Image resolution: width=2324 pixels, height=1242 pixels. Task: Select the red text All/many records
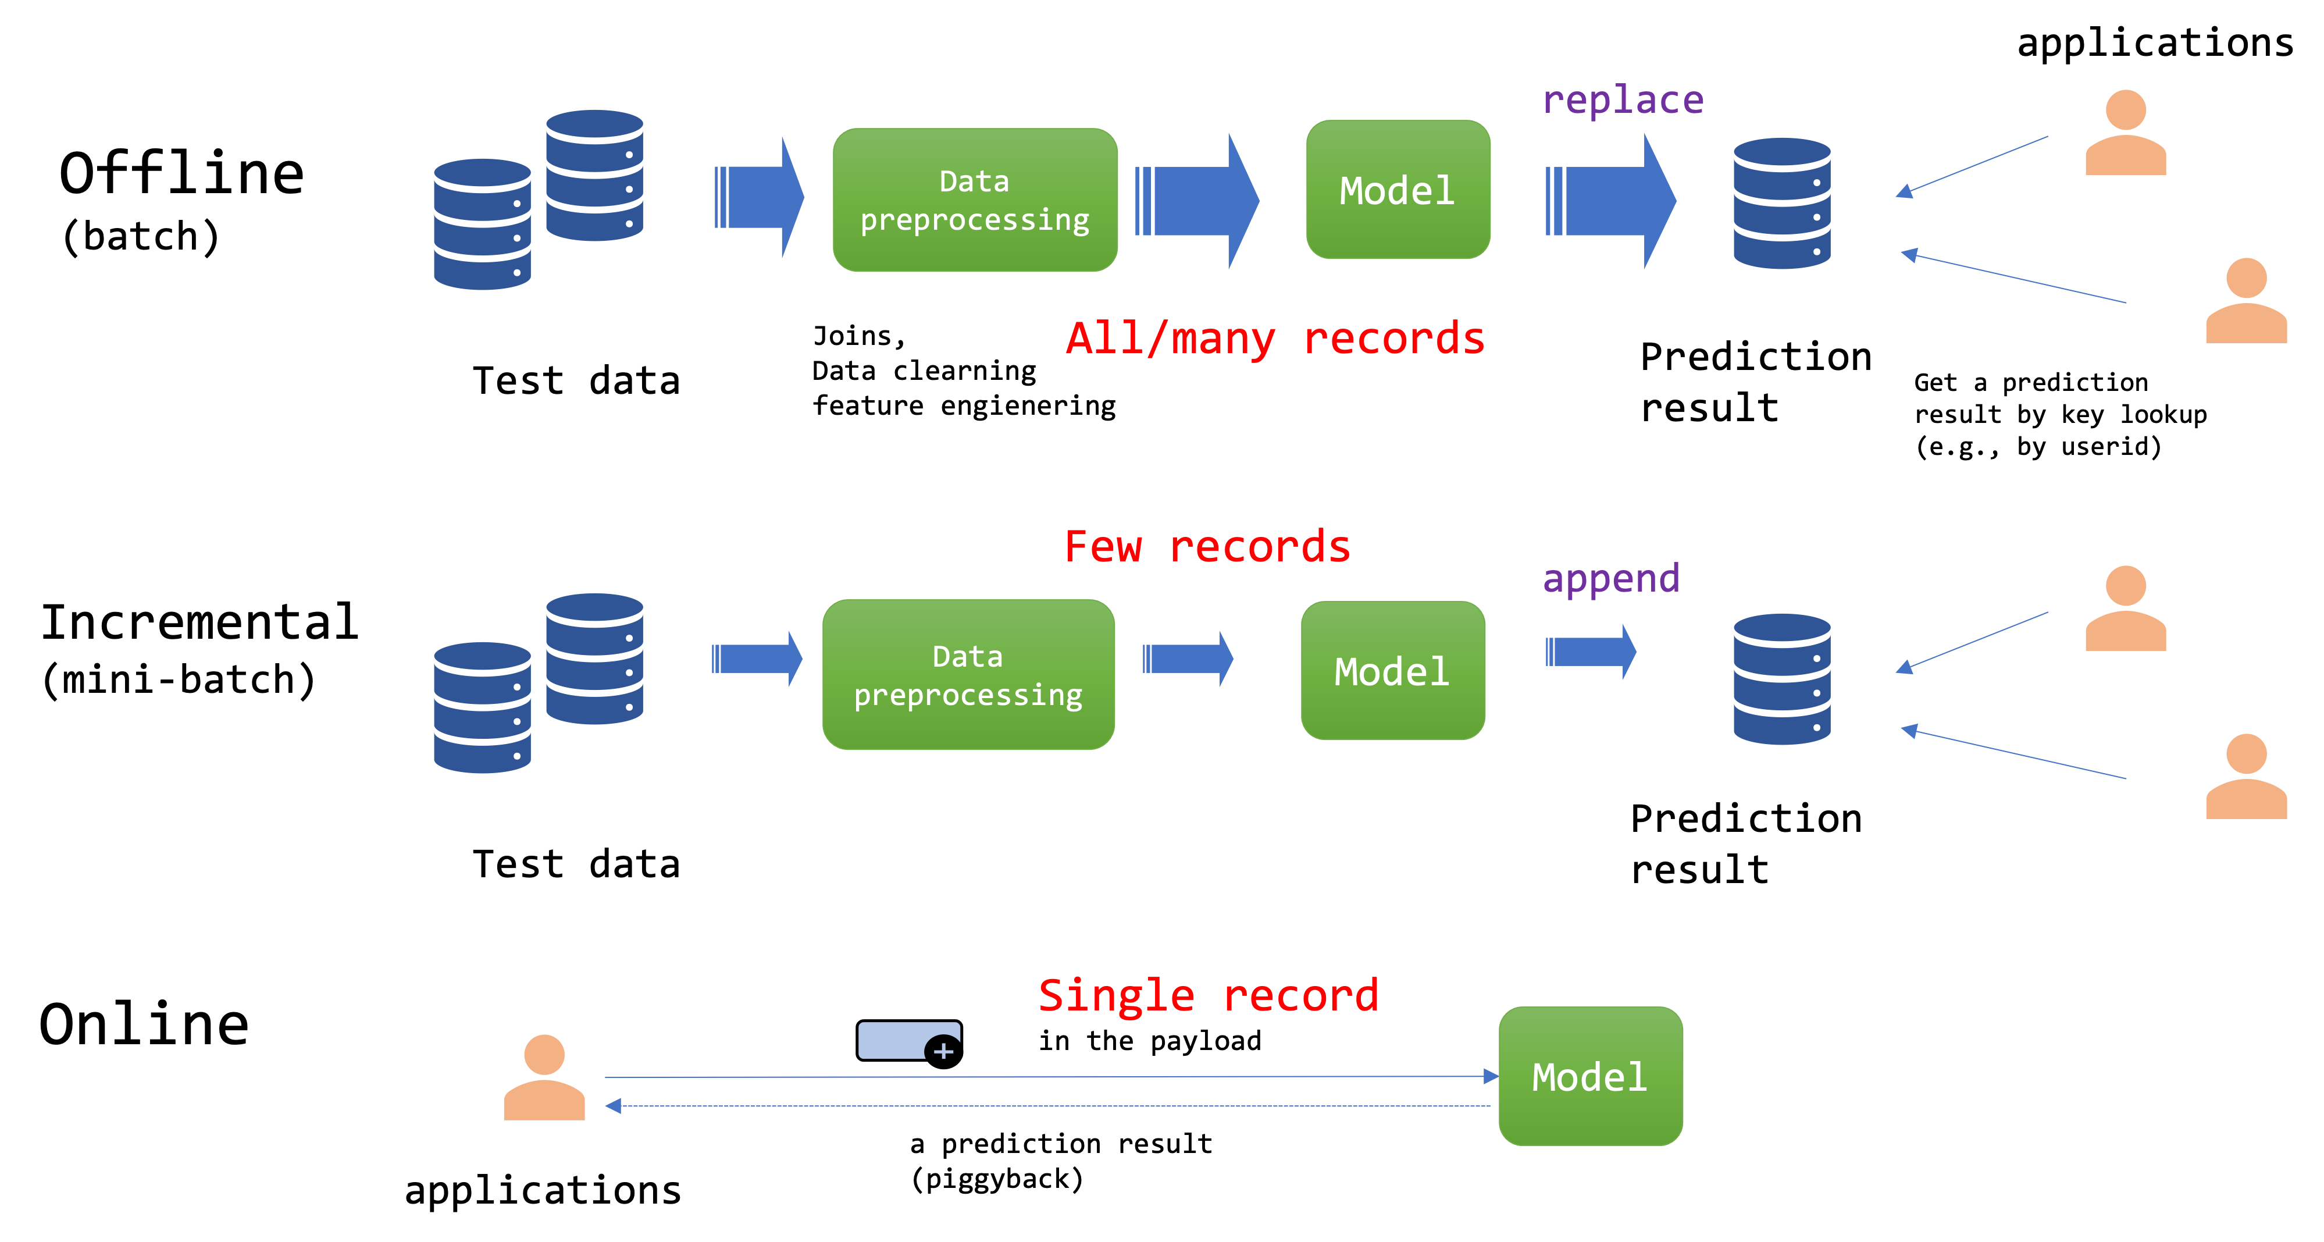click(x=1275, y=339)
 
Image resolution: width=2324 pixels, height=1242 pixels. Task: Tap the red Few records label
click(x=1207, y=547)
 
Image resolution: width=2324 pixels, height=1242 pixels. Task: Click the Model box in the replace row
click(x=1398, y=190)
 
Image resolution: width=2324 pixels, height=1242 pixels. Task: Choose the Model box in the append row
click(x=1392, y=671)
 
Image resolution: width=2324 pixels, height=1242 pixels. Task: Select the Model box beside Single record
click(x=1589, y=1076)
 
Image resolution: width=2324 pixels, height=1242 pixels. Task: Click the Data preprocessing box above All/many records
click(x=974, y=200)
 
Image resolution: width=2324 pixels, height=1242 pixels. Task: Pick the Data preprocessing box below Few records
click(x=968, y=674)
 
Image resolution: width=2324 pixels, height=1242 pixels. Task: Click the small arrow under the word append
click(x=1591, y=651)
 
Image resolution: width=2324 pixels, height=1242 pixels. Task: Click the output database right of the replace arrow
click(x=1782, y=203)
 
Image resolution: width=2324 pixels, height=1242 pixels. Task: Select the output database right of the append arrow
click(x=1782, y=679)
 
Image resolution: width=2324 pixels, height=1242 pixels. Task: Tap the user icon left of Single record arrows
click(x=544, y=1078)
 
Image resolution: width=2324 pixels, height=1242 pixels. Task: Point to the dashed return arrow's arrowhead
click(x=614, y=1106)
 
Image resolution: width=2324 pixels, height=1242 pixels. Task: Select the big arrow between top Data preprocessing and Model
click(x=1197, y=200)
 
